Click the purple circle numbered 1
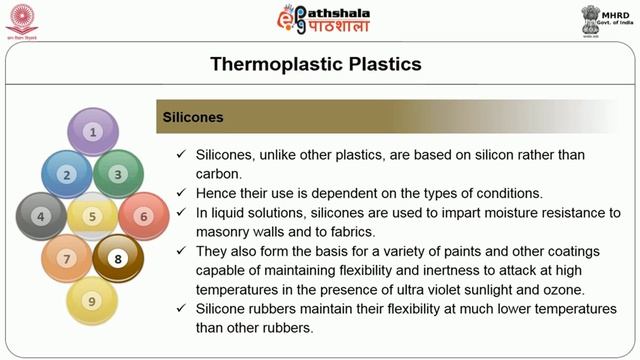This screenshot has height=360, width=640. tap(93, 131)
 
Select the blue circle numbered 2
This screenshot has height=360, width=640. tap(67, 174)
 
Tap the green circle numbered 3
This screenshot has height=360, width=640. tap(118, 174)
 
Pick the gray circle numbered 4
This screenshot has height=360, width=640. tap(41, 216)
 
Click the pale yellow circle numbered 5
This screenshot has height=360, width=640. tap(93, 216)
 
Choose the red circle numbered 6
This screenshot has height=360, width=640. tap(143, 216)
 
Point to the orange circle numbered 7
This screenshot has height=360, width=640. tap(67, 259)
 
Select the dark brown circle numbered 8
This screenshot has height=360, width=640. tap(118, 259)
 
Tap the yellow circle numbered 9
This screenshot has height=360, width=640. tap(93, 300)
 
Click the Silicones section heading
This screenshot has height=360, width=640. tap(193, 118)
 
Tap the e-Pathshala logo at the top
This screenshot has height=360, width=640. tap(320, 20)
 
